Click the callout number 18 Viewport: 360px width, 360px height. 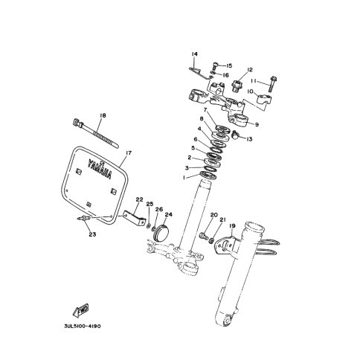pyautogui.click(x=103, y=115)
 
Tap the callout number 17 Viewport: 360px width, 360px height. pyautogui.click(x=129, y=152)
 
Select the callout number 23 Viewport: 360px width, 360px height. pyautogui.click(x=92, y=234)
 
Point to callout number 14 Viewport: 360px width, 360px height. pyautogui.click(x=194, y=54)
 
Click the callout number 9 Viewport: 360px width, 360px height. pyautogui.click(x=257, y=125)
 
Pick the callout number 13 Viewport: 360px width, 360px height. pyautogui.click(x=249, y=139)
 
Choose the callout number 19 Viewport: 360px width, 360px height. pyautogui.click(x=232, y=226)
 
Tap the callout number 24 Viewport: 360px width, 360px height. pyautogui.click(x=168, y=214)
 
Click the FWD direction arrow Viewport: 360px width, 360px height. pyautogui.click(x=81, y=310)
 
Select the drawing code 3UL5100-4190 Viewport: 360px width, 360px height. pyautogui.click(x=83, y=326)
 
